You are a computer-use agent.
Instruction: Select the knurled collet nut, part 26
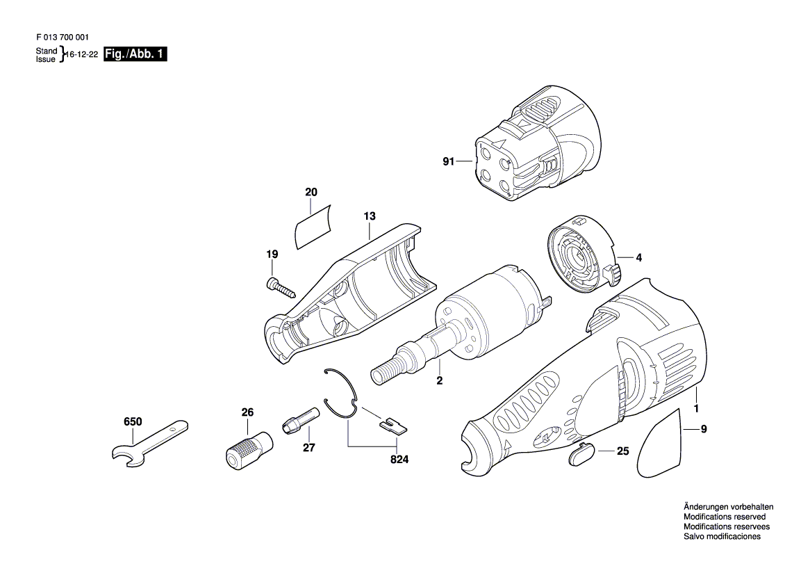point(249,446)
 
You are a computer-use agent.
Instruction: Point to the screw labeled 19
point(281,286)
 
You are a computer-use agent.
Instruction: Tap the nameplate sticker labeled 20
point(312,228)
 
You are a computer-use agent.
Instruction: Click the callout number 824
point(399,459)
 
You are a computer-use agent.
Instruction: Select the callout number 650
point(133,422)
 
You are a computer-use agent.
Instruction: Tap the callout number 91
point(448,161)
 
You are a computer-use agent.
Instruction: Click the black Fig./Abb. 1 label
point(135,54)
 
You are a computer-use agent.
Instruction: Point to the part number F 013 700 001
point(63,38)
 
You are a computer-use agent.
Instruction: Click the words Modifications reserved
point(725,517)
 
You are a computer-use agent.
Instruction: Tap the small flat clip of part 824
point(393,426)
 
